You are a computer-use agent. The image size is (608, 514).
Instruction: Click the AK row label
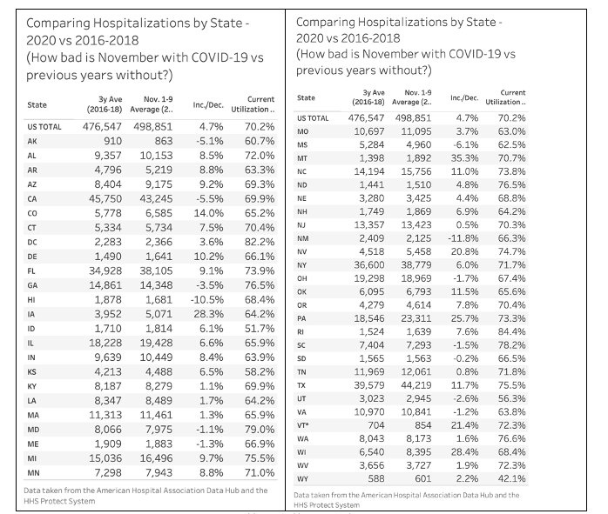[32, 141]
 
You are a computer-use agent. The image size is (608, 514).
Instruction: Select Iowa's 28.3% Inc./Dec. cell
[208, 314]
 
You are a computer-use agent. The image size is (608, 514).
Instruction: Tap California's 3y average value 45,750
[105, 199]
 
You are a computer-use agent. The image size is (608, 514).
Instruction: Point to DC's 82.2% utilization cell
[260, 242]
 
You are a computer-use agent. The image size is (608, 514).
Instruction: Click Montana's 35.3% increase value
[464, 158]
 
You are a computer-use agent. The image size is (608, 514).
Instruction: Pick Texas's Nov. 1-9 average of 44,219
[415, 385]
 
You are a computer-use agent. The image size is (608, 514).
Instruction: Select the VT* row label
[303, 425]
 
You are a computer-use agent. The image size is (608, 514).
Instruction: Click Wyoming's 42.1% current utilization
[512, 479]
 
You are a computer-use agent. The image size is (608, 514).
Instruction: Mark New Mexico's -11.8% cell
[463, 238]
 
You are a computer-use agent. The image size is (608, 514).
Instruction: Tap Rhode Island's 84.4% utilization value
[512, 331]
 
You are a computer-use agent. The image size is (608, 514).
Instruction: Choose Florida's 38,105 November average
[156, 271]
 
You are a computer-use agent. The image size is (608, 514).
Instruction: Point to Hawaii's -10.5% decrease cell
[207, 299]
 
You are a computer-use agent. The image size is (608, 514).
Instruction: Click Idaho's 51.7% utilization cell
[260, 329]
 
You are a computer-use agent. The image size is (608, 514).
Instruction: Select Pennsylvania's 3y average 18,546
[369, 318]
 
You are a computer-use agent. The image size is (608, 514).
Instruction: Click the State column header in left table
[37, 105]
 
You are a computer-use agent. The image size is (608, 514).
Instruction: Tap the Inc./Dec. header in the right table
[464, 98]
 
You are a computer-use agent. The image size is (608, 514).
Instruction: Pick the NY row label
[301, 265]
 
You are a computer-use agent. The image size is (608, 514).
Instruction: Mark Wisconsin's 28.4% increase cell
[464, 452]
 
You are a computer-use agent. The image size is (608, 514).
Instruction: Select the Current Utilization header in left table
[253, 104]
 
